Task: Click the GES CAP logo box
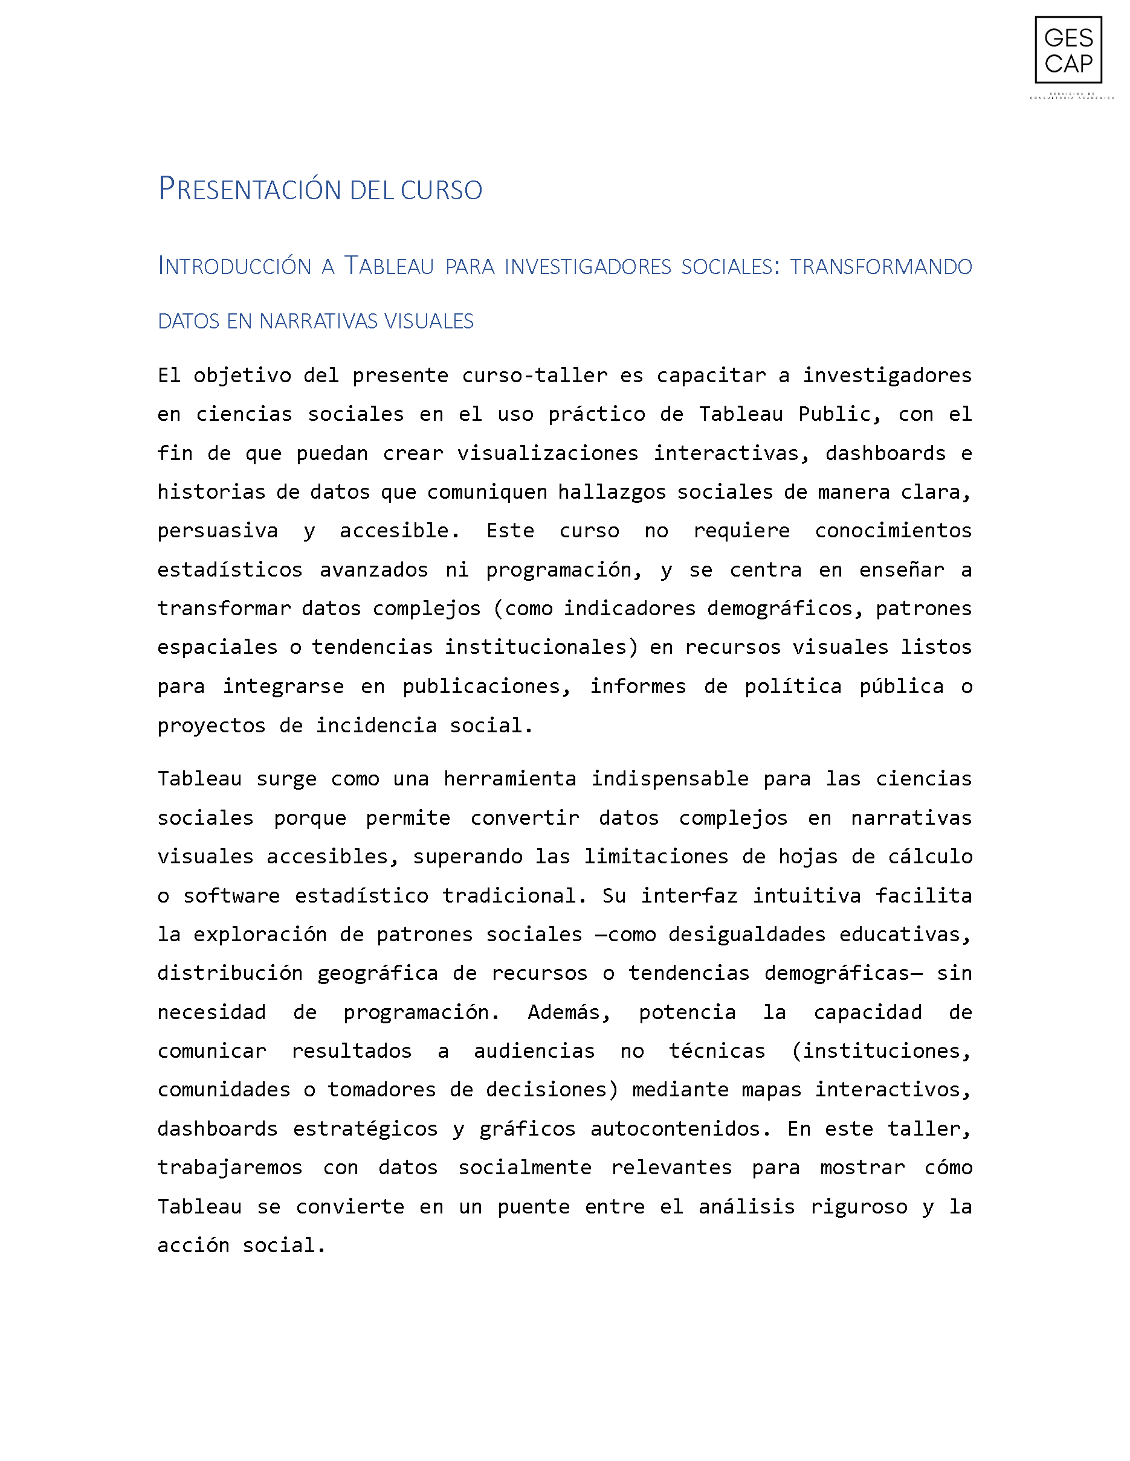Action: coord(1068,50)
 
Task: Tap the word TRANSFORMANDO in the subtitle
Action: coord(880,266)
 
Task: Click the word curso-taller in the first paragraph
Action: coord(534,376)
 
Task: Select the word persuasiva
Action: coord(218,531)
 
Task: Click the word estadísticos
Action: coord(230,569)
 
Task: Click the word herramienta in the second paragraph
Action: coord(509,779)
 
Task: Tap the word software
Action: coord(231,896)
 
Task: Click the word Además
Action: coord(569,1012)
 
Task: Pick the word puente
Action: coord(533,1207)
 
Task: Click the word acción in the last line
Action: coord(193,1245)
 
